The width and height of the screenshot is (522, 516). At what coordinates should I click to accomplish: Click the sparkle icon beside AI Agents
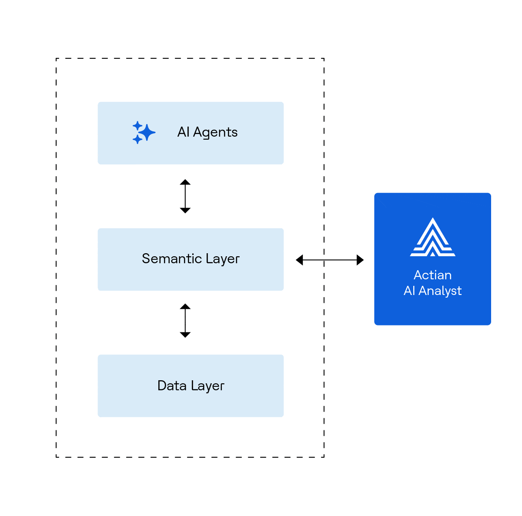tap(143, 132)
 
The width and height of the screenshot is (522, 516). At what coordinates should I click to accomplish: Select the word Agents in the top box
tap(215, 132)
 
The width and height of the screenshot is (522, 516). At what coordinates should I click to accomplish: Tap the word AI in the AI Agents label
tap(183, 132)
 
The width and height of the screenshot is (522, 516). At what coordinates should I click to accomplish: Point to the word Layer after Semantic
tap(223, 259)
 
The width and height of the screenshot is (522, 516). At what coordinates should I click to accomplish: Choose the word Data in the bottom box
tap(172, 385)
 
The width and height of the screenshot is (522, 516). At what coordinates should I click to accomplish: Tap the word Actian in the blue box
tap(432, 275)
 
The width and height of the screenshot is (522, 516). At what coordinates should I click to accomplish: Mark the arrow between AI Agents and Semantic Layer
tap(185, 196)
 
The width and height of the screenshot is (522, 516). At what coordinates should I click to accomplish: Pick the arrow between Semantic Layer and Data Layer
tap(185, 321)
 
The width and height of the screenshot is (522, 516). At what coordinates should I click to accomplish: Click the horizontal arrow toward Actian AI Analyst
tap(330, 260)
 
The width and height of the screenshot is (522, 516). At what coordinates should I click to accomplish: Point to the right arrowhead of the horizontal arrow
tap(360, 260)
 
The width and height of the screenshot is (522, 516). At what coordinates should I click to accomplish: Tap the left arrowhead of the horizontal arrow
tap(299, 260)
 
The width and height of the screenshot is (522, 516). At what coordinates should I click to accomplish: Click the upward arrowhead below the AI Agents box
tap(185, 182)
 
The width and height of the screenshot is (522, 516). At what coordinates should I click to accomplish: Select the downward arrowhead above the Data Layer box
tap(185, 335)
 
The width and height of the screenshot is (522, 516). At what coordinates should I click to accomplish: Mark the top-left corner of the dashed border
tap(57, 59)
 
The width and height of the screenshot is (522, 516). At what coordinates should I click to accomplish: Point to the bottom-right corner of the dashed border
tap(324, 457)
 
